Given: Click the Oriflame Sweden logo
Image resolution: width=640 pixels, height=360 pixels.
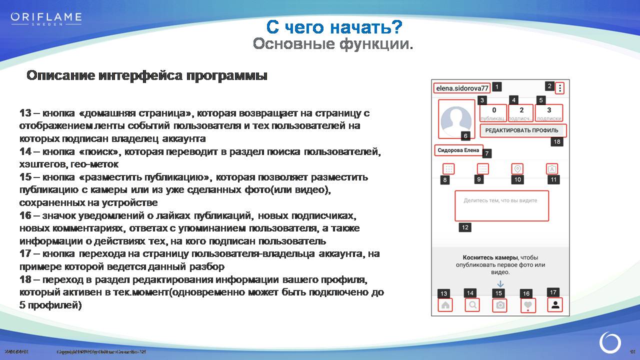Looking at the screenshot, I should (x=46, y=19).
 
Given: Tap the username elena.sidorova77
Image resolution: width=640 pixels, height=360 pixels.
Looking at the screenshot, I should (x=461, y=88).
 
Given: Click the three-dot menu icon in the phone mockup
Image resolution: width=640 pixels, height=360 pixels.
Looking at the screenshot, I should (x=560, y=88).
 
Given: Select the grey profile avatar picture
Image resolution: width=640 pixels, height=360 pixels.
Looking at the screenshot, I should (x=456, y=118).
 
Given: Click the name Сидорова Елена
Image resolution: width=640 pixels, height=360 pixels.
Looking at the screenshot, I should (x=458, y=150).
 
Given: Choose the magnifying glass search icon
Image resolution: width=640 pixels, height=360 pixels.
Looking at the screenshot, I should (x=472, y=305).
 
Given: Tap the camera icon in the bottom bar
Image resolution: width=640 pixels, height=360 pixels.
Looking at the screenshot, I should (x=500, y=305).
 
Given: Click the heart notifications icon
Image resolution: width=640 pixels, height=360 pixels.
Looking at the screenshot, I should (x=527, y=305).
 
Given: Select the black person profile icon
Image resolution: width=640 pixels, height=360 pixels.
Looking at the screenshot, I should (x=555, y=305).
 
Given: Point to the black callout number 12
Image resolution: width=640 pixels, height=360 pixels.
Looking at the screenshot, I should (x=465, y=227).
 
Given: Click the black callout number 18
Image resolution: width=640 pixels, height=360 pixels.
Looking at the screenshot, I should (x=556, y=142).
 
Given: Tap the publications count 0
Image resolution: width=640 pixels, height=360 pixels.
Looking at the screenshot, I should (x=494, y=110).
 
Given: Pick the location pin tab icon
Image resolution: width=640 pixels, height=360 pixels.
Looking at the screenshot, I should (x=517, y=169).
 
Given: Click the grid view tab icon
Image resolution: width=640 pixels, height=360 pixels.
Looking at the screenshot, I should (x=448, y=169).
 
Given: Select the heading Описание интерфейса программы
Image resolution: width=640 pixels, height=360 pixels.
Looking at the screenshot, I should (x=147, y=76).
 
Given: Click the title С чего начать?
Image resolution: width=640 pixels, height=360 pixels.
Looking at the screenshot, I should (x=333, y=26).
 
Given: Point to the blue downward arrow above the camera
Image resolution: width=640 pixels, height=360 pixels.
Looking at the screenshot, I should (x=500, y=284).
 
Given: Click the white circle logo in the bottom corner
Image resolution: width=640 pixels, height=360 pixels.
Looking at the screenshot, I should (x=610, y=343).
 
